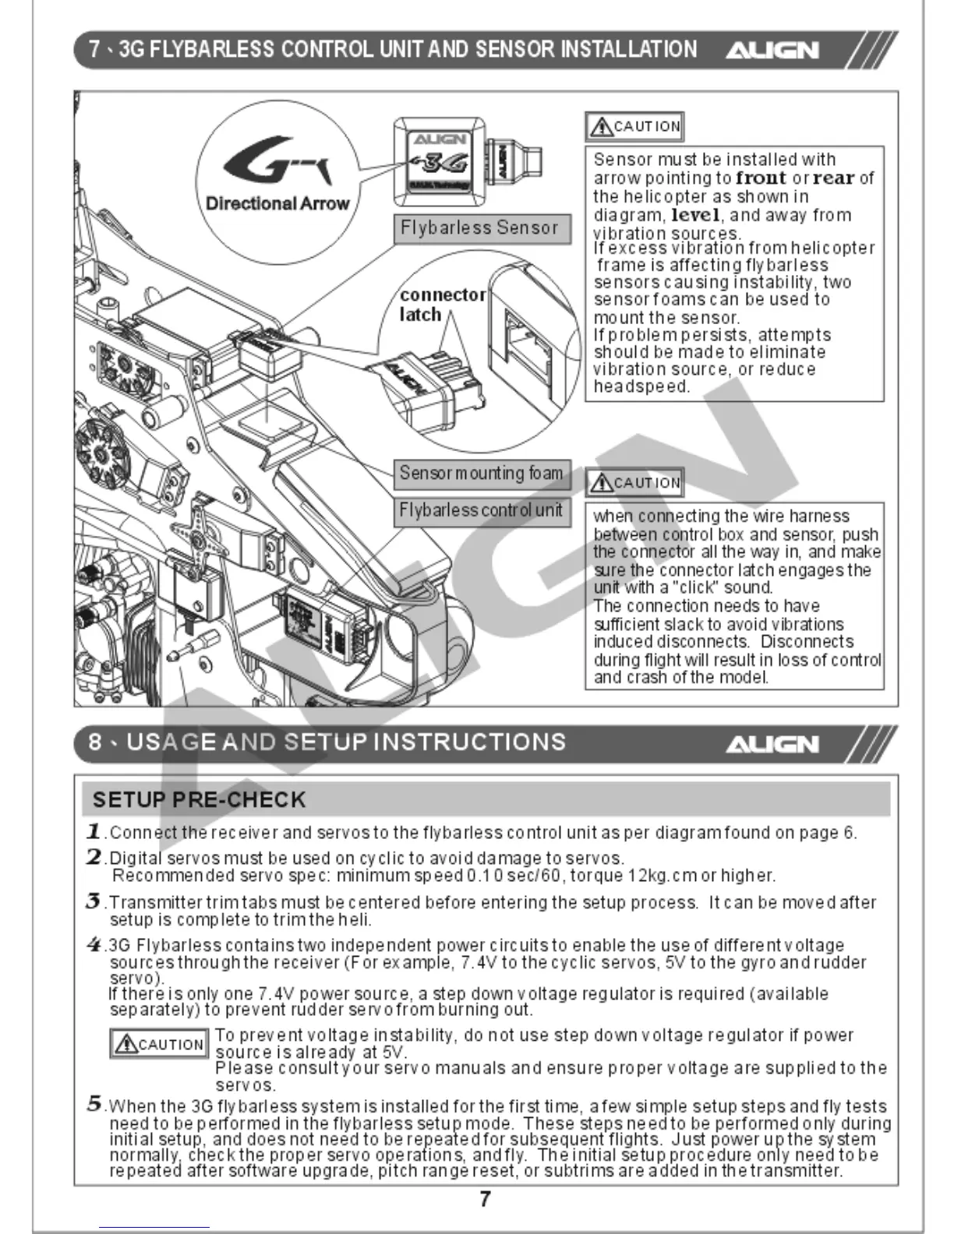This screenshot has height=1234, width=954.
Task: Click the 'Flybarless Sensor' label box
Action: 481,228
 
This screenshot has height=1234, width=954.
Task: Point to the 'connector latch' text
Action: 441,305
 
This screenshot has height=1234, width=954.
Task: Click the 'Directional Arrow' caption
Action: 277,204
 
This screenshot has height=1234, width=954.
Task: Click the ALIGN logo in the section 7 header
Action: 772,51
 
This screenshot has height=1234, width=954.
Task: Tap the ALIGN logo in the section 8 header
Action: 772,744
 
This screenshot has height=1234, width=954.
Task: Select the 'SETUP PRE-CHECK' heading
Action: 199,800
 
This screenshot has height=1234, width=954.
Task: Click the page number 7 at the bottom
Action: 485,1199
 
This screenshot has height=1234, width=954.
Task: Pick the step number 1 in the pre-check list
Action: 94,831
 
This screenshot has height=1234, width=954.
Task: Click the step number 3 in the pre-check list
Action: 94,901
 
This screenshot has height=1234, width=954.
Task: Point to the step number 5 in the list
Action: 94,1104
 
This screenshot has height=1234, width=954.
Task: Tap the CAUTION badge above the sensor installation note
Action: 635,126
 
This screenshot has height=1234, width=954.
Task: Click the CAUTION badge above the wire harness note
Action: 635,483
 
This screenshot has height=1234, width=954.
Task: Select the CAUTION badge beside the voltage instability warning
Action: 159,1044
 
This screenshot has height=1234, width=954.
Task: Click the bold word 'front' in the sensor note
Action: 761,178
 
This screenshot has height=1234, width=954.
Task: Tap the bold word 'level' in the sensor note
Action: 695,215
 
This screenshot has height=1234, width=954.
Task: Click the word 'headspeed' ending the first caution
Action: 641,386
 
